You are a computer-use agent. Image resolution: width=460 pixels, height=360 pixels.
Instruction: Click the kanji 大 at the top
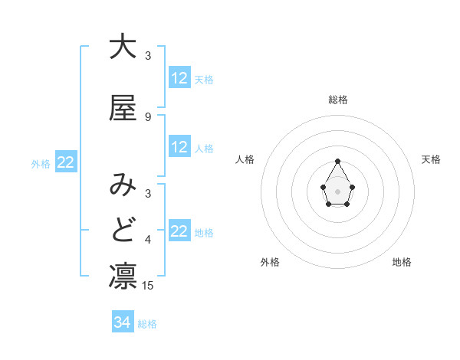pos(123,47)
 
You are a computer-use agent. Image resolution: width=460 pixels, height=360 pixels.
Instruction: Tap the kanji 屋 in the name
pos(123,108)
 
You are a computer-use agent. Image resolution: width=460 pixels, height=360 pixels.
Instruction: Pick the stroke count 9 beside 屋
pos(148,117)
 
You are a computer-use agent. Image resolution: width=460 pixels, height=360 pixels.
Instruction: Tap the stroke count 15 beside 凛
pos(149,286)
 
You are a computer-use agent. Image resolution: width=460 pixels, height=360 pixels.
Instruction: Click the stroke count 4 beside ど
pos(148,241)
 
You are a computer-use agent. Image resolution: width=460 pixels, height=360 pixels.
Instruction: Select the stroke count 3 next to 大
pos(148,56)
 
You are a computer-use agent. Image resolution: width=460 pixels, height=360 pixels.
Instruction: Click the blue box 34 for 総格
pos(122,323)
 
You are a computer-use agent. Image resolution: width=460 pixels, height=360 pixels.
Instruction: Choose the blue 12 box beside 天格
pos(179,78)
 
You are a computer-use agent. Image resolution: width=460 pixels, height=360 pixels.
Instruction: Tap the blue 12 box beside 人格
pos(179,148)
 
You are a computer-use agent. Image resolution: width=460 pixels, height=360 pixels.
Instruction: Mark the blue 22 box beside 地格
pos(179,231)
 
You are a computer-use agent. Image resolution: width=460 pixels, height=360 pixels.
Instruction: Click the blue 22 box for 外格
pos(65,162)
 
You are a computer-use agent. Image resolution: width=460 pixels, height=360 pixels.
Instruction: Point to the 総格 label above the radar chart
pos(338,100)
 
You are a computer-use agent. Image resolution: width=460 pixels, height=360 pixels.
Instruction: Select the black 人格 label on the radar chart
pos(245,159)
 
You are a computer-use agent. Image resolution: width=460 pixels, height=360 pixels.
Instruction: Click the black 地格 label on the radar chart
pos(402,263)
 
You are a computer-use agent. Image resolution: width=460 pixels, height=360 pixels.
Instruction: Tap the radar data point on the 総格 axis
pos(338,161)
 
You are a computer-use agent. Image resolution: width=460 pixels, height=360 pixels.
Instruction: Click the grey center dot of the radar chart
pos(338,190)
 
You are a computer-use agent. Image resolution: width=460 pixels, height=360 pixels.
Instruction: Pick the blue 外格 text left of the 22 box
pos(41,163)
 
